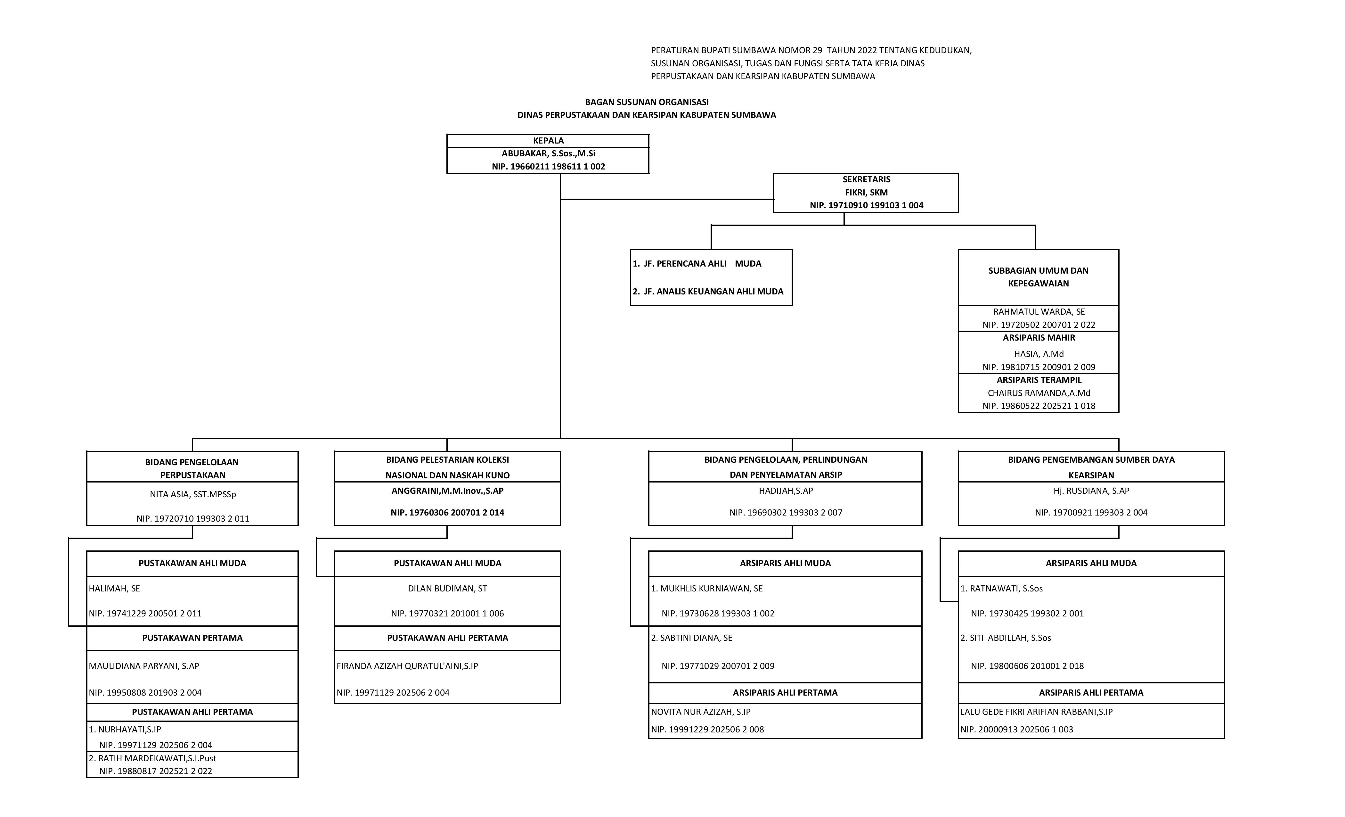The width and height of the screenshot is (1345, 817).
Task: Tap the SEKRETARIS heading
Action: coord(866,179)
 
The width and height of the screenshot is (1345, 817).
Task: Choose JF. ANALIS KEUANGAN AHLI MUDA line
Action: coord(708,292)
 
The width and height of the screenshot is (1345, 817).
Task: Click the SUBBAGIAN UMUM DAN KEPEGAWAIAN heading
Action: coord(1038,277)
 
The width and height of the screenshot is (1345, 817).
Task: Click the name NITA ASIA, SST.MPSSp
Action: coord(193,494)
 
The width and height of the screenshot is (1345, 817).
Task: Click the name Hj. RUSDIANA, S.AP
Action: coord(1091,491)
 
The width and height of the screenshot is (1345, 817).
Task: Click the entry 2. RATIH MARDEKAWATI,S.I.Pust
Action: coord(152,758)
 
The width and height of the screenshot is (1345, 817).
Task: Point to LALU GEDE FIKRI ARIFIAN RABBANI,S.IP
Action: coord(1036,712)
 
